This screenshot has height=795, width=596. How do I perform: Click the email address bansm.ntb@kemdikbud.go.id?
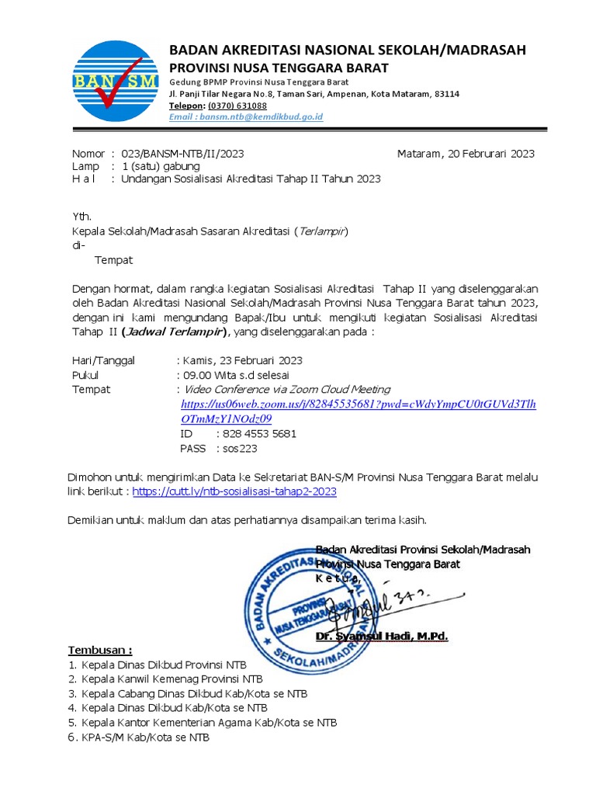click(x=246, y=116)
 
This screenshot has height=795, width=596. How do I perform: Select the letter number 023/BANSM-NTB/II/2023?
click(x=182, y=154)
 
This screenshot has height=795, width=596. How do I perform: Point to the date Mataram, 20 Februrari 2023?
click(x=466, y=154)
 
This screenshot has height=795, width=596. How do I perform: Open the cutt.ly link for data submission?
click(x=234, y=491)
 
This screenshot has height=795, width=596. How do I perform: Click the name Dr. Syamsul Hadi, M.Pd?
click(x=382, y=637)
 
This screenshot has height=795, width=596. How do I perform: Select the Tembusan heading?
click(x=100, y=649)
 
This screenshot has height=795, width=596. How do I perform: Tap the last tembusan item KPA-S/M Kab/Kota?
click(x=145, y=737)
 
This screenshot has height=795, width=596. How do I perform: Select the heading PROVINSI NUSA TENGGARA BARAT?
click(x=279, y=68)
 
